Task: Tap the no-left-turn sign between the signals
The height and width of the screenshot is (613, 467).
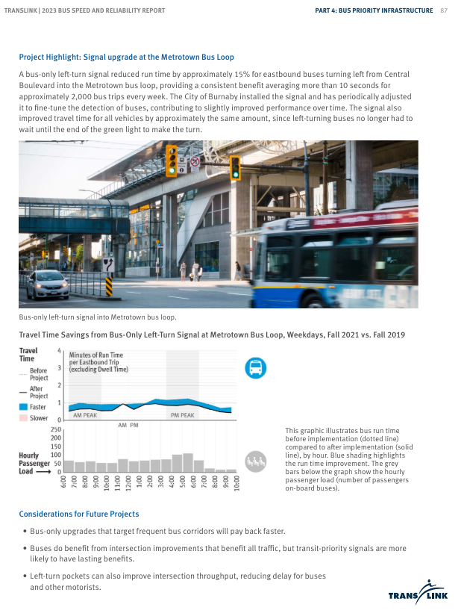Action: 195,161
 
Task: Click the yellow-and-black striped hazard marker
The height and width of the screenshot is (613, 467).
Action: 108,286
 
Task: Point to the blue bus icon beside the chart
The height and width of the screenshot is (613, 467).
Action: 255,367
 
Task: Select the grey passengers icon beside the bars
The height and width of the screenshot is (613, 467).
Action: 255,460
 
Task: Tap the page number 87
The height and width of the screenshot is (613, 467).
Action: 444,10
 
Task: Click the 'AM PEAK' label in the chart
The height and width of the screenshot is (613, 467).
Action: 84,415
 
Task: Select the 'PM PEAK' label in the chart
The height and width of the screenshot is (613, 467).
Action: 182,415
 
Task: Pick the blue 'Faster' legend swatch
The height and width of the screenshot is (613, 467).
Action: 23,407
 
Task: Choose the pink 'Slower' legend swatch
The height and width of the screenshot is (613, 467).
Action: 23,418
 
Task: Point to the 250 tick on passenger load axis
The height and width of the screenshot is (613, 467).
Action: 56,430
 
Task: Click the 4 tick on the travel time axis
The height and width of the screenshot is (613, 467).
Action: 59,350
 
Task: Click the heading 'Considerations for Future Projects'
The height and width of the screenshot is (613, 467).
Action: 78,514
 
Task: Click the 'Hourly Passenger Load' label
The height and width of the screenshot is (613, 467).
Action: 34,463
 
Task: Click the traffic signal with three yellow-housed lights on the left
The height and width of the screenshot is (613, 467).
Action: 172,160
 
